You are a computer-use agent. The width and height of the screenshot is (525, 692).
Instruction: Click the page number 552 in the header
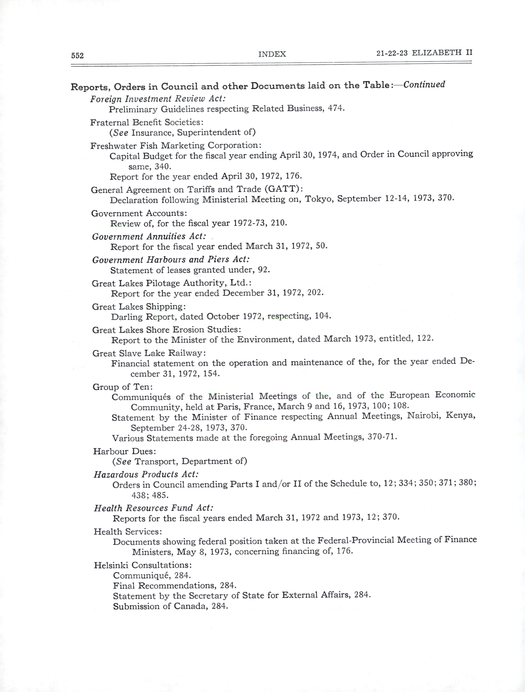click(77, 56)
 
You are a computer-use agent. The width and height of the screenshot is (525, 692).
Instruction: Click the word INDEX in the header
click(272, 54)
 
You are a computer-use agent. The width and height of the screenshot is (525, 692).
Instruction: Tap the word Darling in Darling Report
click(127, 317)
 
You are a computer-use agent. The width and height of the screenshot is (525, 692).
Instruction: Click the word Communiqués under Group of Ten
click(141, 397)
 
